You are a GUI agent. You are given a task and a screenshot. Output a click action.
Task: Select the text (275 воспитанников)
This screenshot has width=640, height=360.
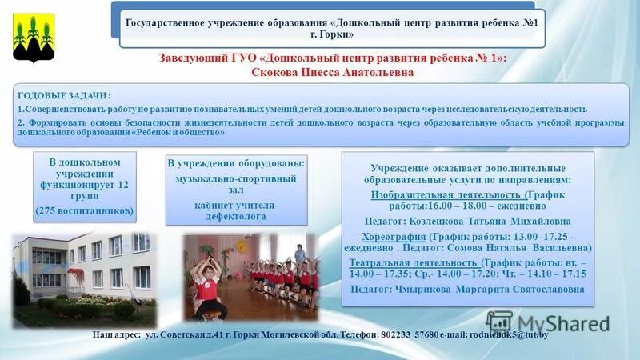pyautogui.click(x=86, y=210)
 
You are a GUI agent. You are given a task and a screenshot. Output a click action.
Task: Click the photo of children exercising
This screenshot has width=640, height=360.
pyautogui.click(x=249, y=275)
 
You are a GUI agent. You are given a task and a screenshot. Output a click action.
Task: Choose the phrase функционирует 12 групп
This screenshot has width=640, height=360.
pyautogui.click(x=86, y=189)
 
